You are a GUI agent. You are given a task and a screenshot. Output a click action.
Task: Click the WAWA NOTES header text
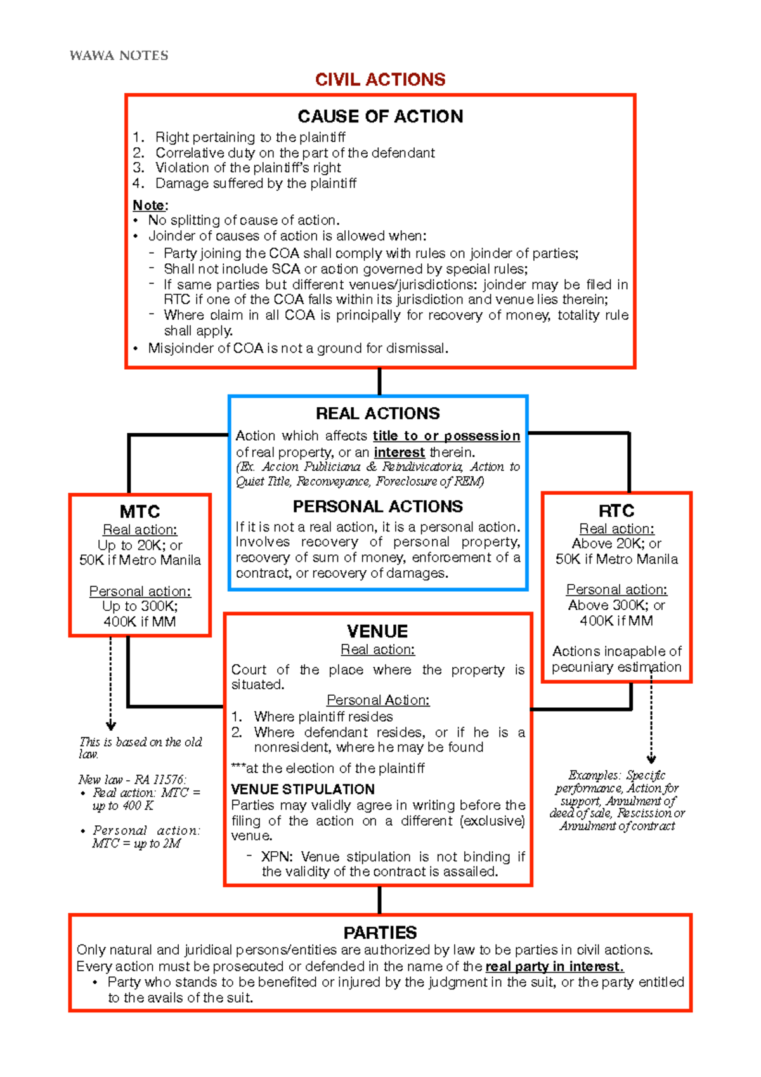119,56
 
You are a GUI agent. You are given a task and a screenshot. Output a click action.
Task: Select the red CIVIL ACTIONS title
380,79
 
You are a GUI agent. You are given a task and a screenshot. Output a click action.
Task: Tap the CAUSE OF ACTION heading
380,116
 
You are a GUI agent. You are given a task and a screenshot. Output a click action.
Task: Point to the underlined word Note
148,205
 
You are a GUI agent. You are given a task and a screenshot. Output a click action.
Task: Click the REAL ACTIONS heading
377,414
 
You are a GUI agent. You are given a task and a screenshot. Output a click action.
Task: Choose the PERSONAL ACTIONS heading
377,506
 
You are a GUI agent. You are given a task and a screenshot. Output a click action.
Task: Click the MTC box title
140,511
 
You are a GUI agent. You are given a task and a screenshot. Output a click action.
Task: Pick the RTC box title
616,511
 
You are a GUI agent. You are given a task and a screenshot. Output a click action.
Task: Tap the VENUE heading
377,631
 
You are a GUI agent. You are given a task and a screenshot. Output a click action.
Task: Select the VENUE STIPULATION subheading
302,789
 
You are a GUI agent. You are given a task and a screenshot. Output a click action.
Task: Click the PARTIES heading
380,932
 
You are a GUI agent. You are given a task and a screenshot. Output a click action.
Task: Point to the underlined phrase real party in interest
554,966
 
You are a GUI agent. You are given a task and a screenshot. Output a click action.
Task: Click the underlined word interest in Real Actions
399,452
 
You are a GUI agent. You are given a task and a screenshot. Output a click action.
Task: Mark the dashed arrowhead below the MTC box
111,726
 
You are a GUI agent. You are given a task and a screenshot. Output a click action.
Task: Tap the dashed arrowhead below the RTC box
651,759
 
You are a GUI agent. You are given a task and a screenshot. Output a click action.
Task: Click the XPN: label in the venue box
277,856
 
